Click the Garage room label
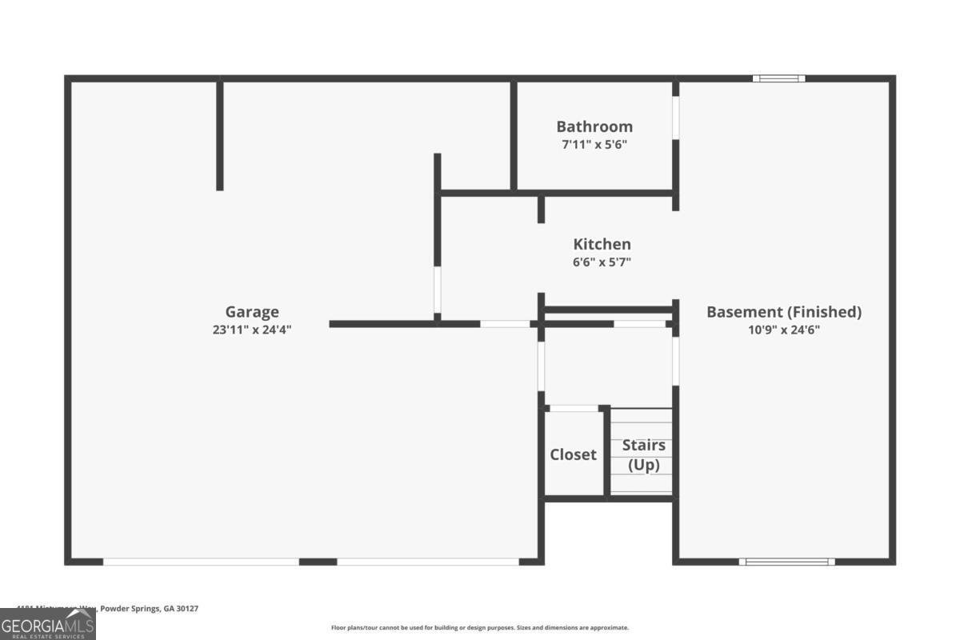[x=252, y=312]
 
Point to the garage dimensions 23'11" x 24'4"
[x=252, y=329]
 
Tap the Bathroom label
[x=594, y=126]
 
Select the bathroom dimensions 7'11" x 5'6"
[x=594, y=145]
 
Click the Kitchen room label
[x=602, y=244]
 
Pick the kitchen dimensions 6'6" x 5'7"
[x=602, y=262]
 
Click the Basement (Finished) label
[x=784, y=312]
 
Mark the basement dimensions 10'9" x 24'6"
[x=784, y=329]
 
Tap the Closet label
[x=573, y=454]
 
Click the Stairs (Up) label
[x=644, y=454]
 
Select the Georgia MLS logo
[x=48, y=624]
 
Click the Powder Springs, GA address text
[x=108, y=609]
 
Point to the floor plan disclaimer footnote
[x=480, y=628]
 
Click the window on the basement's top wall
[x=779, y=78]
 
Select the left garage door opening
[x=201, y=562]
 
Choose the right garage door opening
[x=428, y=562]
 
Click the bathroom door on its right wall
[x=676, y=118]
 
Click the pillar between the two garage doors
[x=318, y=562]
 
